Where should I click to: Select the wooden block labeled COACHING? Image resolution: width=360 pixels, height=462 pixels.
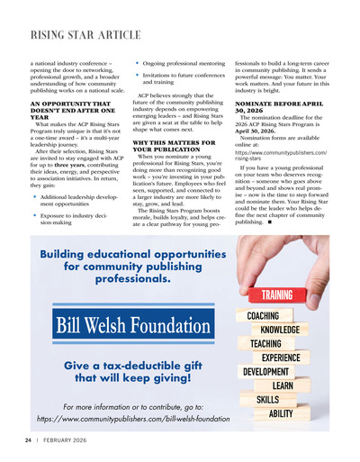[x=264, y=316]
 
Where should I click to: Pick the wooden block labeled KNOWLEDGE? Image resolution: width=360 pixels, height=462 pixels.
[x=280, y=330]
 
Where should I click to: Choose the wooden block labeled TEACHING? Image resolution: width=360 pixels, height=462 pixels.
[x=265, y=344]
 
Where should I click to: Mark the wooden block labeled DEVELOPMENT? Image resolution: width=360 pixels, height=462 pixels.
[x=265, y=372]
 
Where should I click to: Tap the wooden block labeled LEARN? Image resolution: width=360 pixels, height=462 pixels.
[x=283, y=385]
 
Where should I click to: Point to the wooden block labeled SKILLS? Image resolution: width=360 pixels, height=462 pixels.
[x=267, y=399]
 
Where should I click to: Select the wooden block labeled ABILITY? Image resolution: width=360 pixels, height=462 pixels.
[x=281, y=413]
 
